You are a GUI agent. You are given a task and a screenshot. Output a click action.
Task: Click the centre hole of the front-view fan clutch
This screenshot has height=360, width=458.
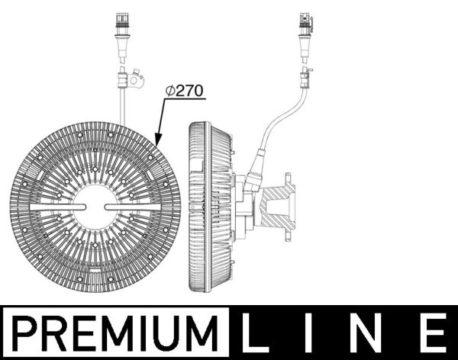pos(95,207)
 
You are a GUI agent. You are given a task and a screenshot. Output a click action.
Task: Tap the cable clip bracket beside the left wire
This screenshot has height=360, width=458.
pos(135,78)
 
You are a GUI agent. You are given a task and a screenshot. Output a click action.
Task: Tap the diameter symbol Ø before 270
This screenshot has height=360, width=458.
pos(170,90)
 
